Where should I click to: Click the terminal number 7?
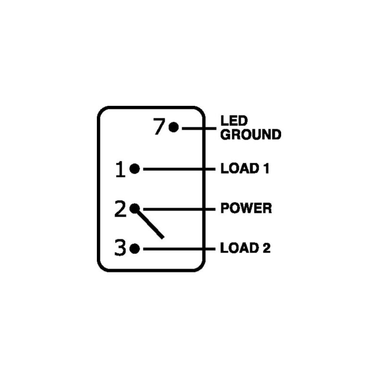(159, 126)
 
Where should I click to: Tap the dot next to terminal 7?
(173, 127)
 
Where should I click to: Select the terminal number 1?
(120, 169)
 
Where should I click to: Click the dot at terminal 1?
(135, 169)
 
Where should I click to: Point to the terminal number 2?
(120, 209)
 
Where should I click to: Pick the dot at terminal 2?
(135, 208)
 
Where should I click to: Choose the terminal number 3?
(120, 248)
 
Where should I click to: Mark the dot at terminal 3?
(135, 249)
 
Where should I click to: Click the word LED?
(234, 120)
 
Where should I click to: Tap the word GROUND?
(251, 134)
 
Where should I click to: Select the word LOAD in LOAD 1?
(240, 168)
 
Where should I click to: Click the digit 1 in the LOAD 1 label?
(266, 168)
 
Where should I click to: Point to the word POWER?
(246, 208)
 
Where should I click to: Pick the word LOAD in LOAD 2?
(240, 248)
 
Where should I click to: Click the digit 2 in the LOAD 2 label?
(266, 248)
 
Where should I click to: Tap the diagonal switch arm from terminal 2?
(149, 223)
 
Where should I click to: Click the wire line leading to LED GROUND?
(199, 129)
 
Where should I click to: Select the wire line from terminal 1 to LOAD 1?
(179, 169)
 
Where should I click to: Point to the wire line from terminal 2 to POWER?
(179, 209)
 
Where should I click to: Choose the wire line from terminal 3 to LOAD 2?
(179, 249)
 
